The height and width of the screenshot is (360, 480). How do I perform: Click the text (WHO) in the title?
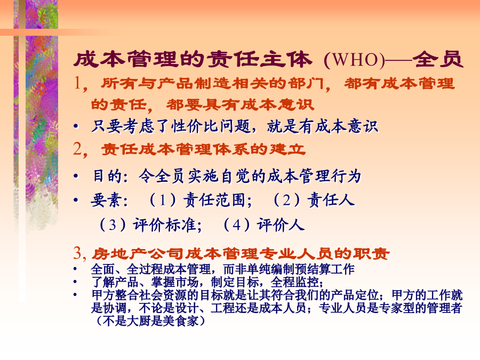click(x=354, y=59)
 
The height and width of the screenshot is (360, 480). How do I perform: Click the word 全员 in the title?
click(x=438, y=59)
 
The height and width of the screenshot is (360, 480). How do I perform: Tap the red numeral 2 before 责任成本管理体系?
click(x=78, y=149)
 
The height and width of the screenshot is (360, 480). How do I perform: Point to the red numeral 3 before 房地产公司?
click(x=77, y=253)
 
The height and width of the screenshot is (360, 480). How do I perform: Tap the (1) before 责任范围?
click(x=163, y=201)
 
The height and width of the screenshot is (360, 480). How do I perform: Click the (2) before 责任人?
click(x=287, y=201)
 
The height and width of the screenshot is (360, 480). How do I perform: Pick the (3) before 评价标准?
click(x=113, y=225)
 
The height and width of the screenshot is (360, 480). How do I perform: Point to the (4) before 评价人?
click(x=237, y=225)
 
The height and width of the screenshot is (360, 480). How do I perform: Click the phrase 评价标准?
click(x=165, y=225)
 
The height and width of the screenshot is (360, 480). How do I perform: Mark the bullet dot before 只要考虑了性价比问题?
click(x=76, y=126)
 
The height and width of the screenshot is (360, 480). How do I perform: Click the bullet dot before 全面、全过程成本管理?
click(x=75, y=269)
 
